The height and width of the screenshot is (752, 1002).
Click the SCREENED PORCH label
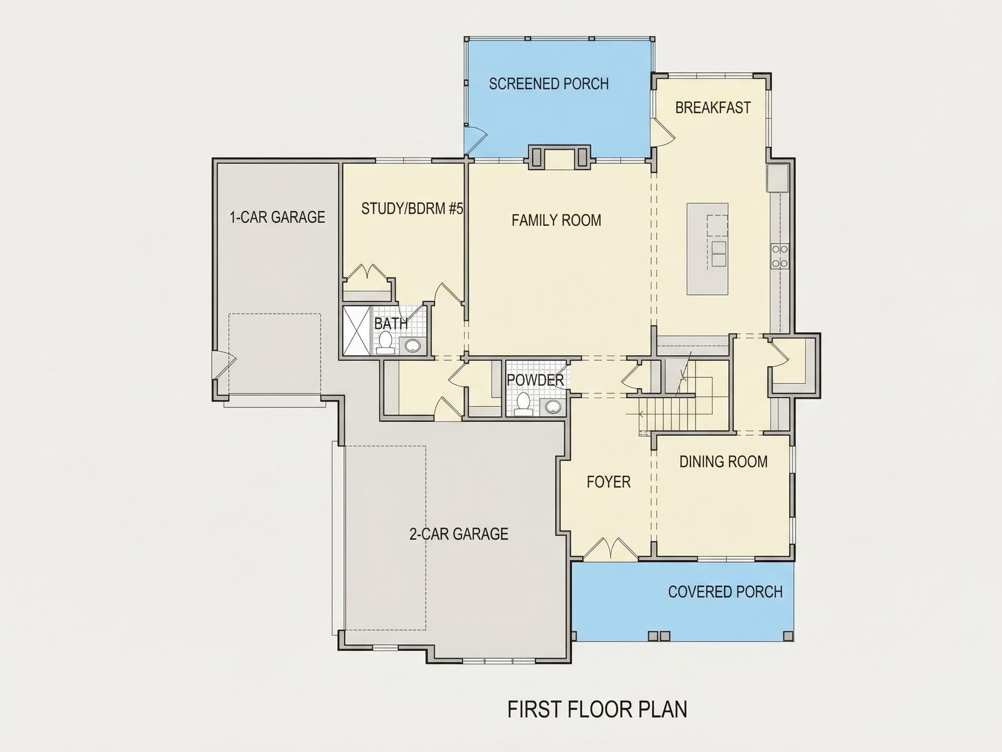[x=548, y=84]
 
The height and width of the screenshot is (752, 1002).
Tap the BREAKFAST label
[x=712, y=107]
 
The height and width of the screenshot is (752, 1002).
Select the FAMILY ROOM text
[x=556, y=220]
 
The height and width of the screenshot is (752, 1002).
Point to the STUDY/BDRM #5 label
[x=412, y=208]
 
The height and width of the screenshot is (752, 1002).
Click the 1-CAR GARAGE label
[x=277, y=217]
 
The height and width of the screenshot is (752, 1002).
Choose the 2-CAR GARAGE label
[x=458, y=534]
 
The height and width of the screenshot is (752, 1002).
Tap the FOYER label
[x=608, y=482]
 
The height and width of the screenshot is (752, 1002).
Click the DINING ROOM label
[x=723, y=462]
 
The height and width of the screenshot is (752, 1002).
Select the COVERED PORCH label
[x=725, y=592]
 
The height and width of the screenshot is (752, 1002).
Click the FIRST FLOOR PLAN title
[x=597, y=709]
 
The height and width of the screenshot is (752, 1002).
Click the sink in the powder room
[x=552, y=406]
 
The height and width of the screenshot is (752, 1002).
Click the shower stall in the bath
[x=357, y=330]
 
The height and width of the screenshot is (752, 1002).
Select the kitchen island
[x=707, y=249]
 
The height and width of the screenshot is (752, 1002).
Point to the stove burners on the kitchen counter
[x=780, y=255]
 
